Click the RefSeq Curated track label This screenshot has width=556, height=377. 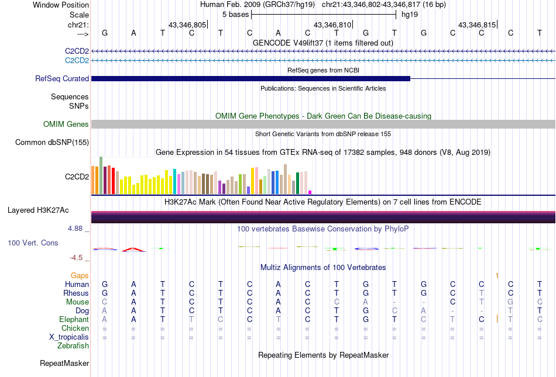pyautogui.click(x=62, y=78)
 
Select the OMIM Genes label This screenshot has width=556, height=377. pyautogui.click(x=66, y=124)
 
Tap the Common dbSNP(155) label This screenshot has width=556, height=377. pyautogui.click(x=52, y=142)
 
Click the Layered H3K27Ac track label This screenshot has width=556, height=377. pyautogui.click(x=48, y=210)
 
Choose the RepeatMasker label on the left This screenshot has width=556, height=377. pyautogui.click(x=64, y=364)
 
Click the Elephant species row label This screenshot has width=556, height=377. pyautogui.click(x=74, y=319)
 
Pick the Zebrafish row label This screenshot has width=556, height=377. pyautogui.click(x=73, y=345)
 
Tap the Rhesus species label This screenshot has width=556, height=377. pyautogui.click(x=76, y=293)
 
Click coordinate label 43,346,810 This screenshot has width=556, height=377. pyautogui.click(x=332, y=25)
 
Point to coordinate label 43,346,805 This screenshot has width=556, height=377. pyautogui.click(x=187, y=25)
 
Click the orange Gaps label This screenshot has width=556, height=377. pyautogui.click(x=80, y=275)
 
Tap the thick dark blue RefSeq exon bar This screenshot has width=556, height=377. pyautogui.click(x=250, y=78)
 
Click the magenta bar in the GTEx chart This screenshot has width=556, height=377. pyautogui.click(x=310, y=192)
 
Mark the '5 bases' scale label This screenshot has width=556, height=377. pyautogui.click(x=235, y=14)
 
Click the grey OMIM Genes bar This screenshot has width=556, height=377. pyautogui.click(x=323, y=124)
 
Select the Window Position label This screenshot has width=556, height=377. pyautogui.click(x=61, y=5)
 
